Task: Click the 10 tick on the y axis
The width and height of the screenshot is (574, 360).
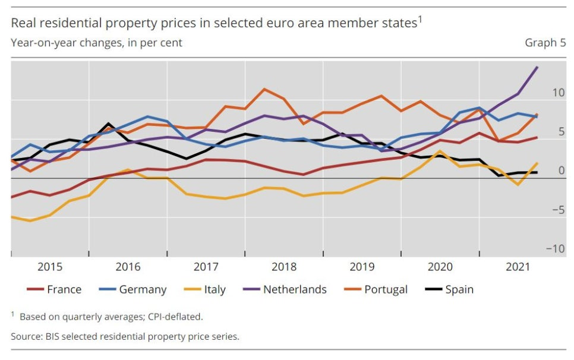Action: click(x=558, y=93)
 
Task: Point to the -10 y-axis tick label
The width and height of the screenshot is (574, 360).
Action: click(x=556, y=249)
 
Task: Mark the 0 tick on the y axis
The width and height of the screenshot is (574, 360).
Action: click(x=562, y=171)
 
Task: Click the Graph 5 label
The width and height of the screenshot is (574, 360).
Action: click(x=545, y=43)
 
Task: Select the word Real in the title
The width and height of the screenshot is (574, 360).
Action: click(x=22, y=24)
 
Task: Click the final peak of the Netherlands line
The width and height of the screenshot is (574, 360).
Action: click(x=537, y=67)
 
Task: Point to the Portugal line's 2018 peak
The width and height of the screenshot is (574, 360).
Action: click(x=264, y=89)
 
